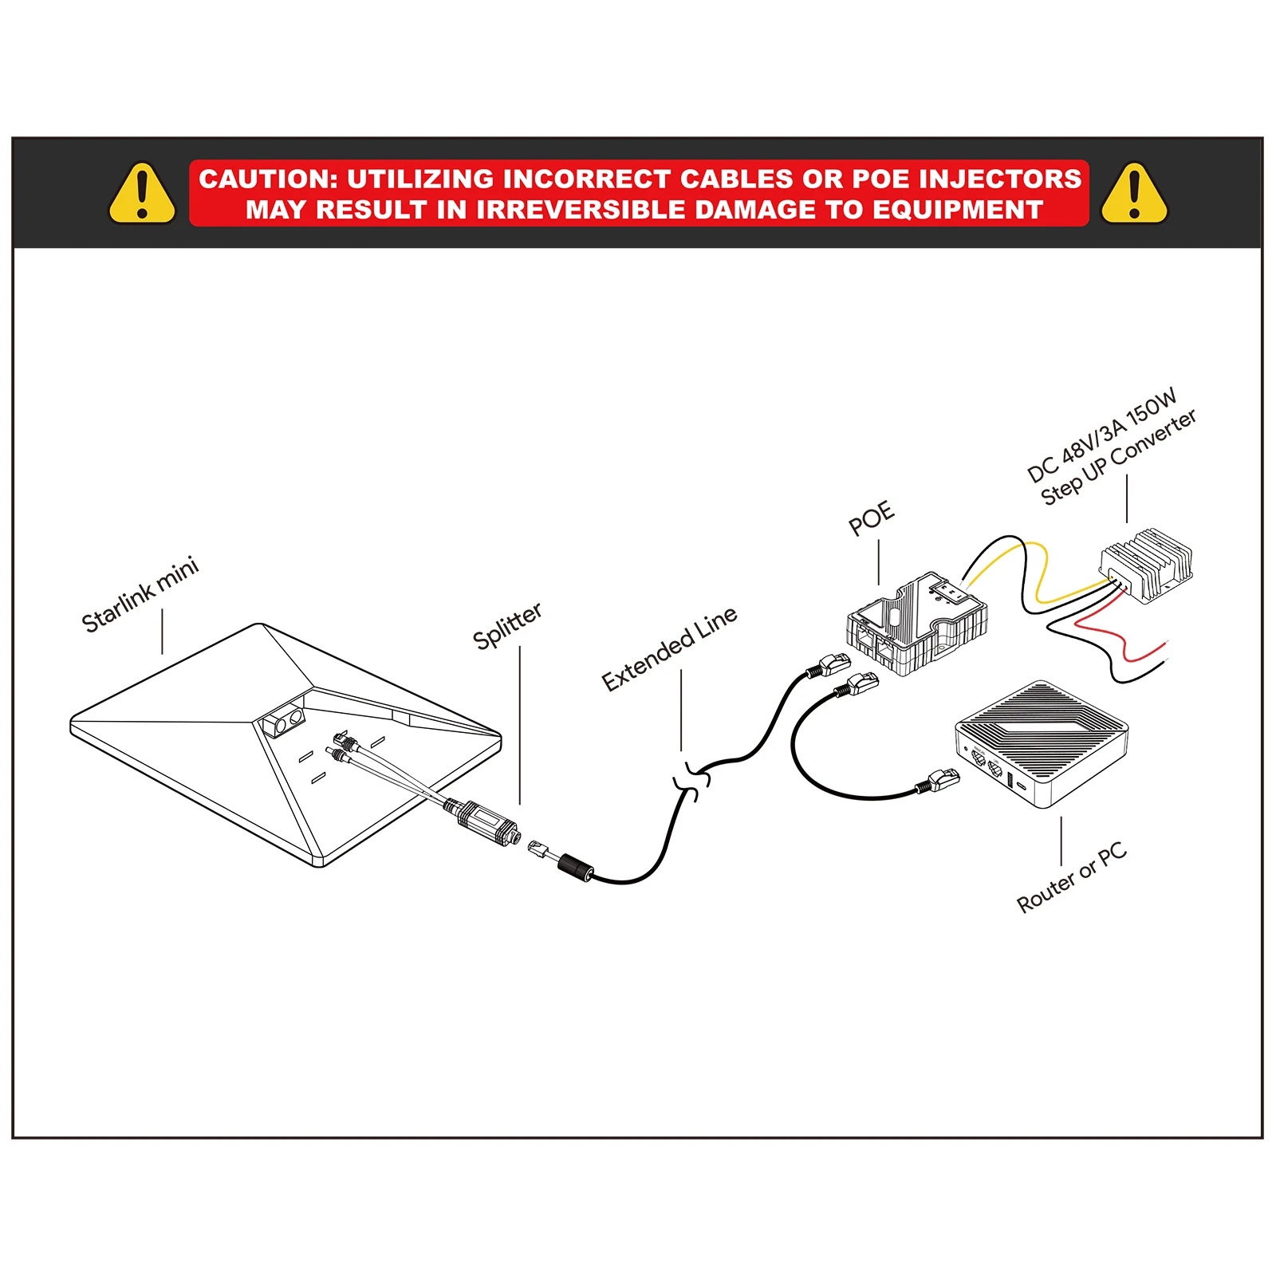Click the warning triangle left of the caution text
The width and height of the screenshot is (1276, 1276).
pyautogui.click(x=142, y=194)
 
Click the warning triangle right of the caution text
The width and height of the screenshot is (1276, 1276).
pyautogui.click(x=1134, y=194)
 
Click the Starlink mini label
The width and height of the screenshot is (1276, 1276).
pyautogui.click(x=140, y=595)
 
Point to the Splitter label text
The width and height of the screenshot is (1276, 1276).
pyautogui.click(x=507, y=626)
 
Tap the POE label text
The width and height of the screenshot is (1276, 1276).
pyautogui.click(x=871, y=518)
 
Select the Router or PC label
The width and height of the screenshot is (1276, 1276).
pyautogui.click(x=1072, y=876)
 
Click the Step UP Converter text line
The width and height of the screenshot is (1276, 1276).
pyautogui.click(x=1118, y=457)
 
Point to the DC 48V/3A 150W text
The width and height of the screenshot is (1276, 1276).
pyautogui.click(x=1101, y=435)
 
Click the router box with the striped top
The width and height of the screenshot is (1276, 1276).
pyautogui.click(x=1042, y=742)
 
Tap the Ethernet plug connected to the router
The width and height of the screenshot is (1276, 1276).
pyautogui.click(x=943, y=779)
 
